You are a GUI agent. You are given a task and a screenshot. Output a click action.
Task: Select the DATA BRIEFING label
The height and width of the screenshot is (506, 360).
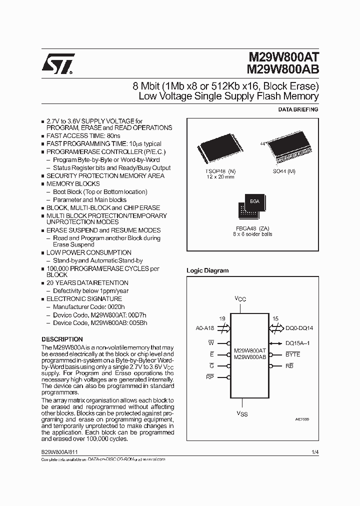(297, 109)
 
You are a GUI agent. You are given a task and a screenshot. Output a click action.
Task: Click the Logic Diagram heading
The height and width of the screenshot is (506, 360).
(207, 270)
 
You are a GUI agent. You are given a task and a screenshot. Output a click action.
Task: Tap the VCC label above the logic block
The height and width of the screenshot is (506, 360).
(241, 299)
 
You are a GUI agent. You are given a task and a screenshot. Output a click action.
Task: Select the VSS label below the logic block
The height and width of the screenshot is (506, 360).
(242, 413)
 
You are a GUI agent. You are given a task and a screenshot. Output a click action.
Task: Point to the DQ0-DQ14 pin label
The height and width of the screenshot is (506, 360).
(299, 328)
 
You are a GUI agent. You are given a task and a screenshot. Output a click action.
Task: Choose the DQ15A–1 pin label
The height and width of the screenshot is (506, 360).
(298, 343)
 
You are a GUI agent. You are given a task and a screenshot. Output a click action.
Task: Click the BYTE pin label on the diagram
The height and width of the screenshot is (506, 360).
(293, 354)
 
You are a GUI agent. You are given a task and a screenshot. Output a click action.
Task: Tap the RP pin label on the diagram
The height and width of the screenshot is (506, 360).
(210, 376)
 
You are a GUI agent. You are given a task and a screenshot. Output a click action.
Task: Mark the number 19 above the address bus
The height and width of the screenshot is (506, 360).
(222, 318)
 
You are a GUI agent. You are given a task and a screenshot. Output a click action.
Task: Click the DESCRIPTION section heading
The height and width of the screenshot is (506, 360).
(62, 339)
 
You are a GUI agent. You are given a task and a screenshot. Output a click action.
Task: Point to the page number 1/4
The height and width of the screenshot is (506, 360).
(314, 451)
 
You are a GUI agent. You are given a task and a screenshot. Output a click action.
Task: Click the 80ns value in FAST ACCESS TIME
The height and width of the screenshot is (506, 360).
(113, 135)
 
